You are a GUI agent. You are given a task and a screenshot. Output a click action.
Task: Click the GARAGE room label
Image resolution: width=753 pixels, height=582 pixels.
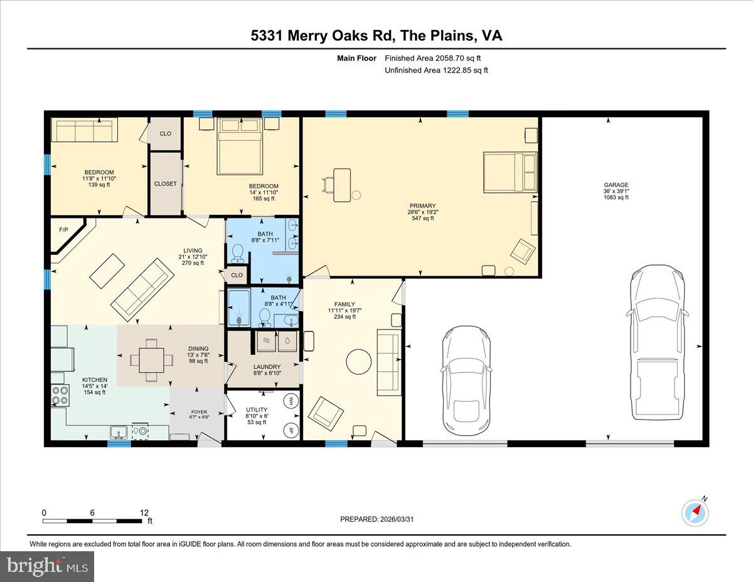coord(616,185)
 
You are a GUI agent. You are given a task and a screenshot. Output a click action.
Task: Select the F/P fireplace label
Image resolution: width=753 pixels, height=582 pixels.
coord(63,230)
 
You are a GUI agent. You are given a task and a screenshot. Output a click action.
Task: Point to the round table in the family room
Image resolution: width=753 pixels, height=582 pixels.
coord(358,362)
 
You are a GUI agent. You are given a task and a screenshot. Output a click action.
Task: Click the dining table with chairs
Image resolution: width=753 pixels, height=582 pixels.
coord(151,360)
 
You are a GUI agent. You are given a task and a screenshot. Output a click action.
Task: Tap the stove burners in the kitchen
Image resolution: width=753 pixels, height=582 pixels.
coord(60,396)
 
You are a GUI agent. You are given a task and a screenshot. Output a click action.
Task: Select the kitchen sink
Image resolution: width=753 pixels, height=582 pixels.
coord(119,432)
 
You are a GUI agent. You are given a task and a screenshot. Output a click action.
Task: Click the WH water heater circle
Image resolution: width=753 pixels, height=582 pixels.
coord(291,400)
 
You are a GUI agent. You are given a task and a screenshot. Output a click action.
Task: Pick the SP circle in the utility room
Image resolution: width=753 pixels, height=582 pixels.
coord(291,430)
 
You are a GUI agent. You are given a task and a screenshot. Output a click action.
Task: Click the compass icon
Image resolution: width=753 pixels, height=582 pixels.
coord(695,512)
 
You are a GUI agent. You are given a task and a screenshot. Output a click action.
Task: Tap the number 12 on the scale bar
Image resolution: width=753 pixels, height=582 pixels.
coord(144,512)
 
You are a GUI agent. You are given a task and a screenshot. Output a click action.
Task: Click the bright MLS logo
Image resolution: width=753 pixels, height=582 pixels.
coord(47,566)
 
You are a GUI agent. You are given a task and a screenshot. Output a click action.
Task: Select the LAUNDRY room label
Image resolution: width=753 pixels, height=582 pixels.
coord(267,367)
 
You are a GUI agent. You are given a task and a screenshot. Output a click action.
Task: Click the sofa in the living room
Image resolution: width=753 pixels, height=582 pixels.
coord(142,289)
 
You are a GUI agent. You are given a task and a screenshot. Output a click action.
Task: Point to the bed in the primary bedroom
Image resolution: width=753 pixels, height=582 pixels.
coord(510,172)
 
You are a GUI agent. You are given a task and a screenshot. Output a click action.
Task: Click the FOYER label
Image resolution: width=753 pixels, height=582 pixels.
coord(198,413)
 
